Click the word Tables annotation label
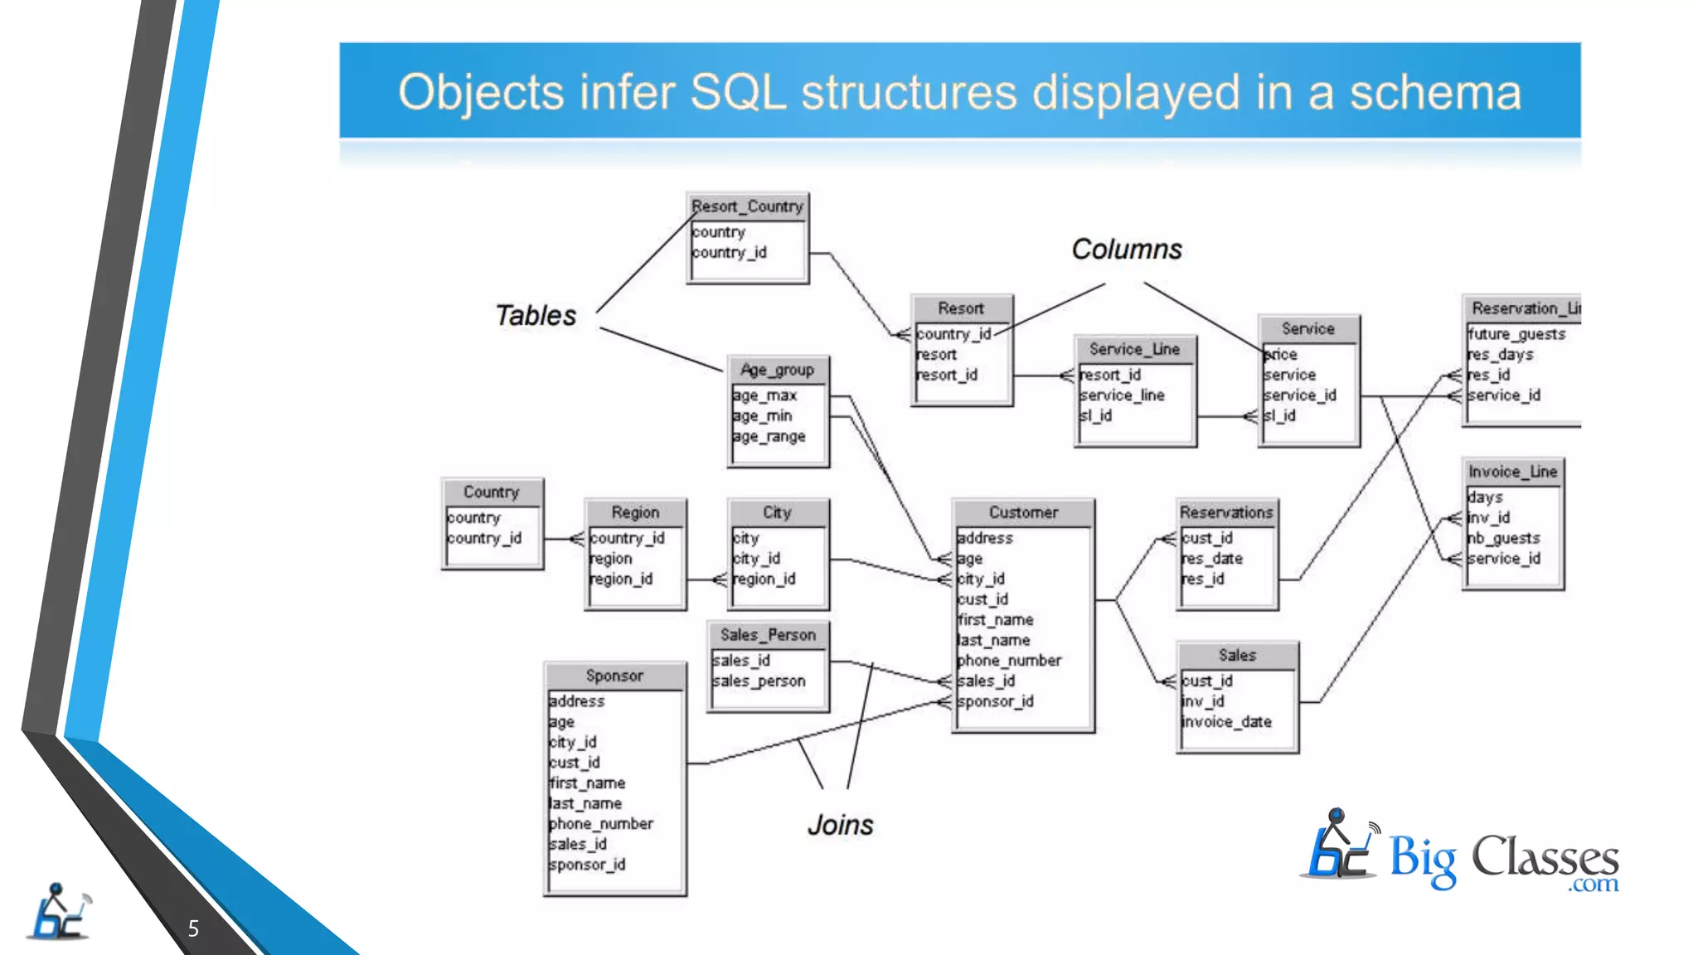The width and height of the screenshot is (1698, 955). pyautogui.click(x=536, y=316)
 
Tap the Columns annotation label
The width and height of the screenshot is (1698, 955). pyautogui.click(x=1126, y=250)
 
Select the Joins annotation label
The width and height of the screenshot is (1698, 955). pyautogui.click(x=840, y=825)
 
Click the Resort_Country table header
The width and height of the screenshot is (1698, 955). pyautogui.click(x=747, y=206)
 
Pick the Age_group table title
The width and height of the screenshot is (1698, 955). pyautogui.click(x=777, y=370)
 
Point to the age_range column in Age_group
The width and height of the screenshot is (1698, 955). pyautogui.click(x=769, y=436)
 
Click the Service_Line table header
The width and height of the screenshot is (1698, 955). pyautogui.click(x=1134, y=349)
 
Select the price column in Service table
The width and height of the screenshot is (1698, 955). pyautogui.click(x=1281, y=355)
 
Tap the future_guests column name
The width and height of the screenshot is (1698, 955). pyautogui.click(x=1516, y=334)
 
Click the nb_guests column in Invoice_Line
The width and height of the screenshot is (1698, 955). pyautogui.click(x=1503, y=538)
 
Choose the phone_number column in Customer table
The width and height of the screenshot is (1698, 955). pyautogui.click(x=1009, y=661)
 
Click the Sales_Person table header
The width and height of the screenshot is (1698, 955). pyautogui.click(x=768, y=635)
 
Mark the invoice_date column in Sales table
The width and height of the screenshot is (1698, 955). pyautogui.click(x=1226, y=722)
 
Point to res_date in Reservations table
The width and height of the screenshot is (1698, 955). pyautogui.click(x=1212, y=559)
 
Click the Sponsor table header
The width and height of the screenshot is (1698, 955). pyautogui.click(x=614, y=676)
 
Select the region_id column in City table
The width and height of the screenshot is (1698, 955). pyautogui.click(x=764, y=579)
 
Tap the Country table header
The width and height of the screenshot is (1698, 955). pyautogui.click(x=491, y=492)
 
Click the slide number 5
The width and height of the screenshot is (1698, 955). pyautogui.click(x=193, y=928)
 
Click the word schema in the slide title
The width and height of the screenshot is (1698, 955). pyautogui.click(x=1435, y=92)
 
